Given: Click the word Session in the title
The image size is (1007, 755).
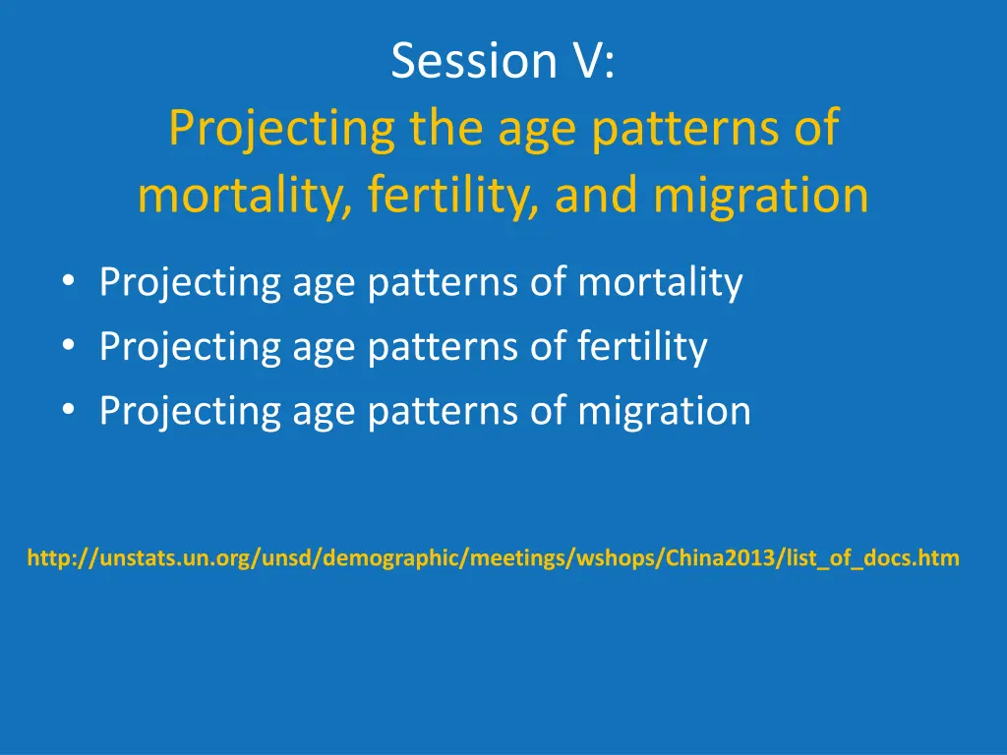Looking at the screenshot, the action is (x=474, y=60).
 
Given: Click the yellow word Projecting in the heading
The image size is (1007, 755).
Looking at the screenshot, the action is (x=281, y=129).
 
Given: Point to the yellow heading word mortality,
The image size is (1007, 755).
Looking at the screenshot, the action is (x=245, y=196).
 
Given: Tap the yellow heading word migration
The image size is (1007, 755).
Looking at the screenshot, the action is (x=761, y=196).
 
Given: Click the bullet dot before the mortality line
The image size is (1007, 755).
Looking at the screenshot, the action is (x=69, y=281).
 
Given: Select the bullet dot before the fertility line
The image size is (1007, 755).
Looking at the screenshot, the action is (x=69, y=346).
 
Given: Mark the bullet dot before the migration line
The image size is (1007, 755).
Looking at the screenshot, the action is (x=69, y=410).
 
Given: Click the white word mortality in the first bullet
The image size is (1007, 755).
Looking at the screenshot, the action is (x=660, y=282).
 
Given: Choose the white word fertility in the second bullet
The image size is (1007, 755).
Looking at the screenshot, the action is (x=642, y=347).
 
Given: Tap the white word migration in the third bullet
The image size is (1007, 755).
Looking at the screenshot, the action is (x=664, y=411).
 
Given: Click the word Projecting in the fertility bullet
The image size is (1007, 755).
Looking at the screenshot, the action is (x=190, y=348).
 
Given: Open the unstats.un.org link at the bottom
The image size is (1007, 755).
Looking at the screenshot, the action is (x=494, y=557).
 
